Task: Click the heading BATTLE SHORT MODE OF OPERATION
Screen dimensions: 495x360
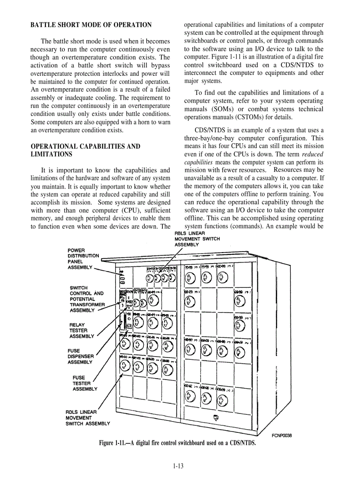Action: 91,25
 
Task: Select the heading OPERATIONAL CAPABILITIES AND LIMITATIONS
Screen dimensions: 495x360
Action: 85,150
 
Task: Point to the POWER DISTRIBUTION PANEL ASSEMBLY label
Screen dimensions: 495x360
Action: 83,259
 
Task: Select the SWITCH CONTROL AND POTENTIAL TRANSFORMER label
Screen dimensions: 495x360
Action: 87,299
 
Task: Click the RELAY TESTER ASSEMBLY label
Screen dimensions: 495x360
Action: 82,331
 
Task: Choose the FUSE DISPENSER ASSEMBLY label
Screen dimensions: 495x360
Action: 80,357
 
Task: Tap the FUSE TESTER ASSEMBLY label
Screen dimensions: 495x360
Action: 85,383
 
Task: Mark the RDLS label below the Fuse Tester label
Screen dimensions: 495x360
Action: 87,417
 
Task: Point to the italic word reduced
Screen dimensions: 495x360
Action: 313,154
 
